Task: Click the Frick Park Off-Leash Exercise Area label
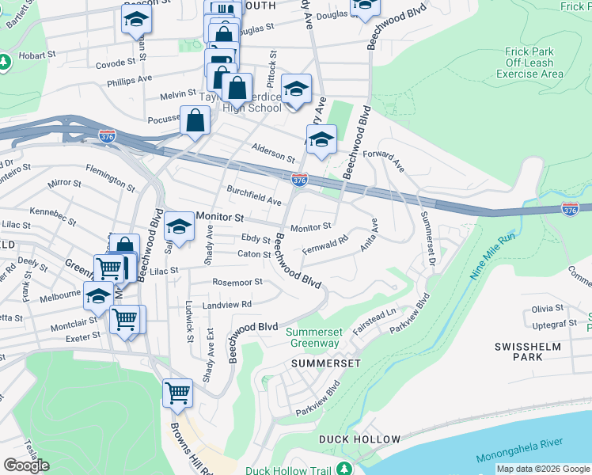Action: [529, 63]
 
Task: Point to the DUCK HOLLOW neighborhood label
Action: [360, 439]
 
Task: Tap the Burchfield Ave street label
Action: [254, 196]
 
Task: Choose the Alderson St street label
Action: [273, 150]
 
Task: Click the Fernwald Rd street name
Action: [325, 244]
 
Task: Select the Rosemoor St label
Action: [237, 282]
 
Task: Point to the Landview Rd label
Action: [226, 304]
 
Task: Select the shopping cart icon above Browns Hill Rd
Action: [177, 392]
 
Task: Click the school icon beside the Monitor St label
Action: [180, 226]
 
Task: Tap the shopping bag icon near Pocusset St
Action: [195, 120]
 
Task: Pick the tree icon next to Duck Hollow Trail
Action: [344, 469]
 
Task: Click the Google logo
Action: [26, 465]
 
